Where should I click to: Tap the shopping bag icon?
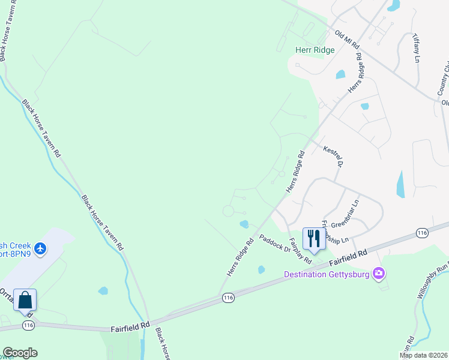tap(25, 299)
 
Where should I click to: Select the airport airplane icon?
tap(40, 248)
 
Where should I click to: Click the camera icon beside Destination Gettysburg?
tap(379, 274)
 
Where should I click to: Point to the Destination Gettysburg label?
tap(328, 275)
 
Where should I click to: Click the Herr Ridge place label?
tap(315, 50)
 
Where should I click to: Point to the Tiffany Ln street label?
tap(417, 48)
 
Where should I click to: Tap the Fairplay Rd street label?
tap(300, 251)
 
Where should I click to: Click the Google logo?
tap(20, 353)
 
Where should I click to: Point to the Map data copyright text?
tap(423, 355)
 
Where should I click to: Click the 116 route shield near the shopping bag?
tap(28, 325)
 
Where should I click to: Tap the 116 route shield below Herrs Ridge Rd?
tap(228, 297)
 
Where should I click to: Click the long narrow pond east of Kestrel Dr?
tap(400, 185)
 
